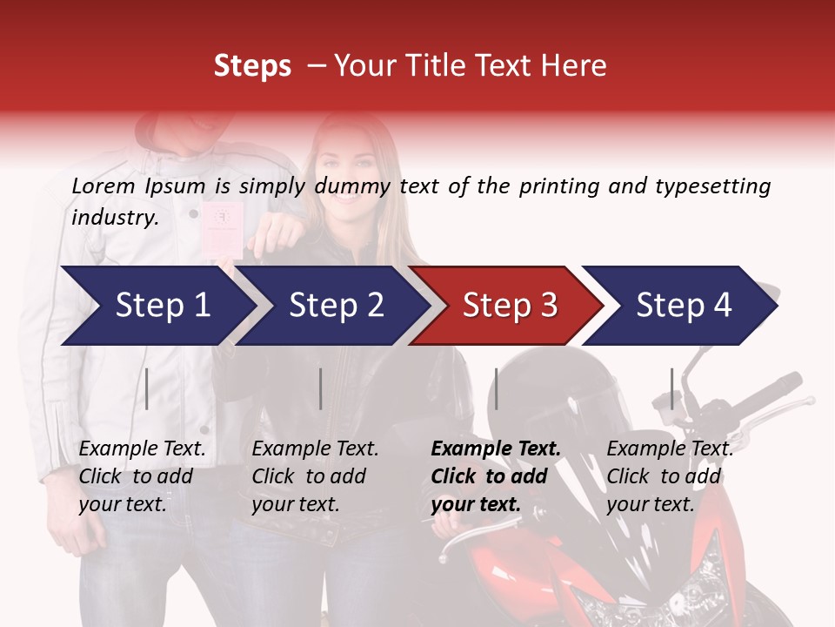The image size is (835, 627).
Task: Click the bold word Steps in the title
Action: [252, 66]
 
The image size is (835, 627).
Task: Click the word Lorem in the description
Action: [103, 185]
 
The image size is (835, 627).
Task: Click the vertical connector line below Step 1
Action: [147, 388]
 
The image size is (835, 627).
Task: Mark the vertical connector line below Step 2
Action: [321, 388]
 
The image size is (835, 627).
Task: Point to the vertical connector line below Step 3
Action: [497, 388]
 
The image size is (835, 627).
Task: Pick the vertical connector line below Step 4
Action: [672, 388]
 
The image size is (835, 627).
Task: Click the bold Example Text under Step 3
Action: [496, 449]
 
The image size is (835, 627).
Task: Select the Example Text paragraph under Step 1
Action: [142, 476]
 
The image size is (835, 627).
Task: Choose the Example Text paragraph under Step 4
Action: [669, 476]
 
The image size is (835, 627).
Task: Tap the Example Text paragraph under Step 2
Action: [315, 476]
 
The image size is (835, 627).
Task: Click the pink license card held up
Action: [223, 229]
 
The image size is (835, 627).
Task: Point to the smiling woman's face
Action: [344, 174]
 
